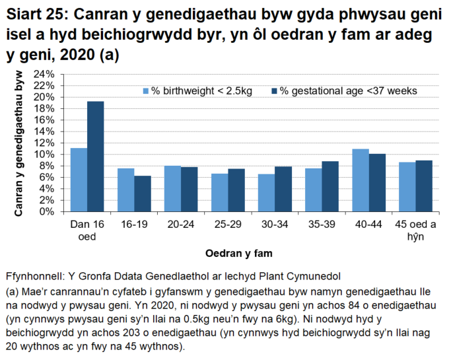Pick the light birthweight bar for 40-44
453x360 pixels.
[x=361, y=180]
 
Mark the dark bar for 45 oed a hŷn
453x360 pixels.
[x=424, y=186]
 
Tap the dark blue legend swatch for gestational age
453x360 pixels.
[x=273, y=90]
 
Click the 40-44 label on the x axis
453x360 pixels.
[x=368, y=225]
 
